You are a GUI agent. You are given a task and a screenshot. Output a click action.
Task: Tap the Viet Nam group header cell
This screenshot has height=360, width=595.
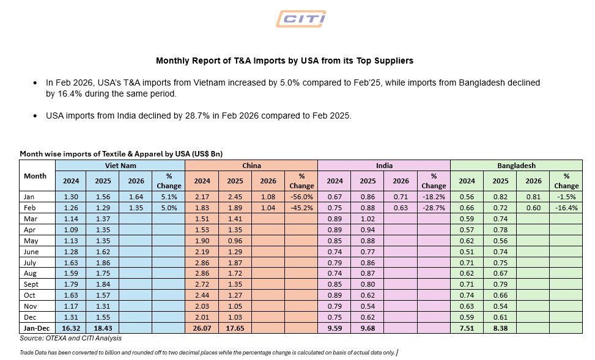pos(120,165)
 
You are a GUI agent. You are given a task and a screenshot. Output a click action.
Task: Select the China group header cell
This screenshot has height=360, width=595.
pos(251,165)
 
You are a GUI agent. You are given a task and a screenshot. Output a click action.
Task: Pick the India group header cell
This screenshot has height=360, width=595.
pos(384,165)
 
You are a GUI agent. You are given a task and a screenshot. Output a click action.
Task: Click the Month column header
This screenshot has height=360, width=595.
pos(35,176)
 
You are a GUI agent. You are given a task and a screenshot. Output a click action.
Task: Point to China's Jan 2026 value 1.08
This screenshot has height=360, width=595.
pos(268,197)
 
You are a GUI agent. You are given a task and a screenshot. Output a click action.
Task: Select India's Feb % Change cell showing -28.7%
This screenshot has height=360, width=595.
pos(434,208)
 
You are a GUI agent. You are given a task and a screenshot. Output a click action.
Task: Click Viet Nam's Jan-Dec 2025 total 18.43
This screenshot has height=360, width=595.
pos(103,328)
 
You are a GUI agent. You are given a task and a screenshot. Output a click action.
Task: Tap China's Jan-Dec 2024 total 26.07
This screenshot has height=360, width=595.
pos(202,328)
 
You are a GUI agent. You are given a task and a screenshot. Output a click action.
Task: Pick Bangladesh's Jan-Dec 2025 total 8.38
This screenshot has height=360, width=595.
pos(500,328)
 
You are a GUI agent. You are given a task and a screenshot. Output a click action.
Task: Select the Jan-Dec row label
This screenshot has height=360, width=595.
pos(36,328)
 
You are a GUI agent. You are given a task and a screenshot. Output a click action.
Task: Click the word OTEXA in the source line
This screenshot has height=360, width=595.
pos(56,337)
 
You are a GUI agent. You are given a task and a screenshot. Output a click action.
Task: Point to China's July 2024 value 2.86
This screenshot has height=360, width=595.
pos(202,262)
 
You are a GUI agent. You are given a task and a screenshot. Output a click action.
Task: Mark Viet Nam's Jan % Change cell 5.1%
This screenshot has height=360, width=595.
pos(169,197)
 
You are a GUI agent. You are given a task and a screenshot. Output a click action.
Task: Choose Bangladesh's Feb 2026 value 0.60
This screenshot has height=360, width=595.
pos(533,208)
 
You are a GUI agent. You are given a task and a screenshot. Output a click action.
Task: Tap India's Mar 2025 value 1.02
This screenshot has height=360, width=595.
pos(368,219)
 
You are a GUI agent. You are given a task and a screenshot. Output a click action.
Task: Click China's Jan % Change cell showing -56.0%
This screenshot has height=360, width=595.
pos(301,197)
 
